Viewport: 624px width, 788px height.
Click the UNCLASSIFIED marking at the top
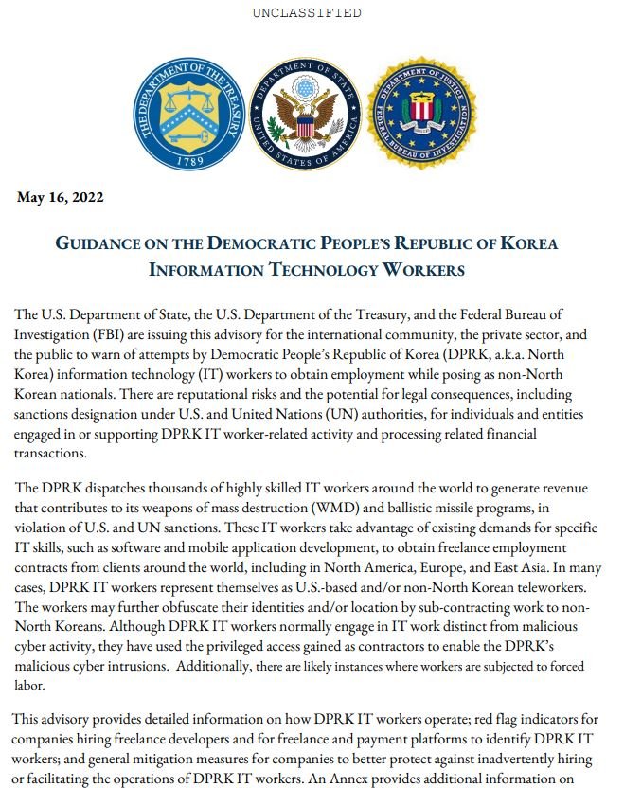point(307,13)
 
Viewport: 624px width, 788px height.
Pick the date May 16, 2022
point(61,198)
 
